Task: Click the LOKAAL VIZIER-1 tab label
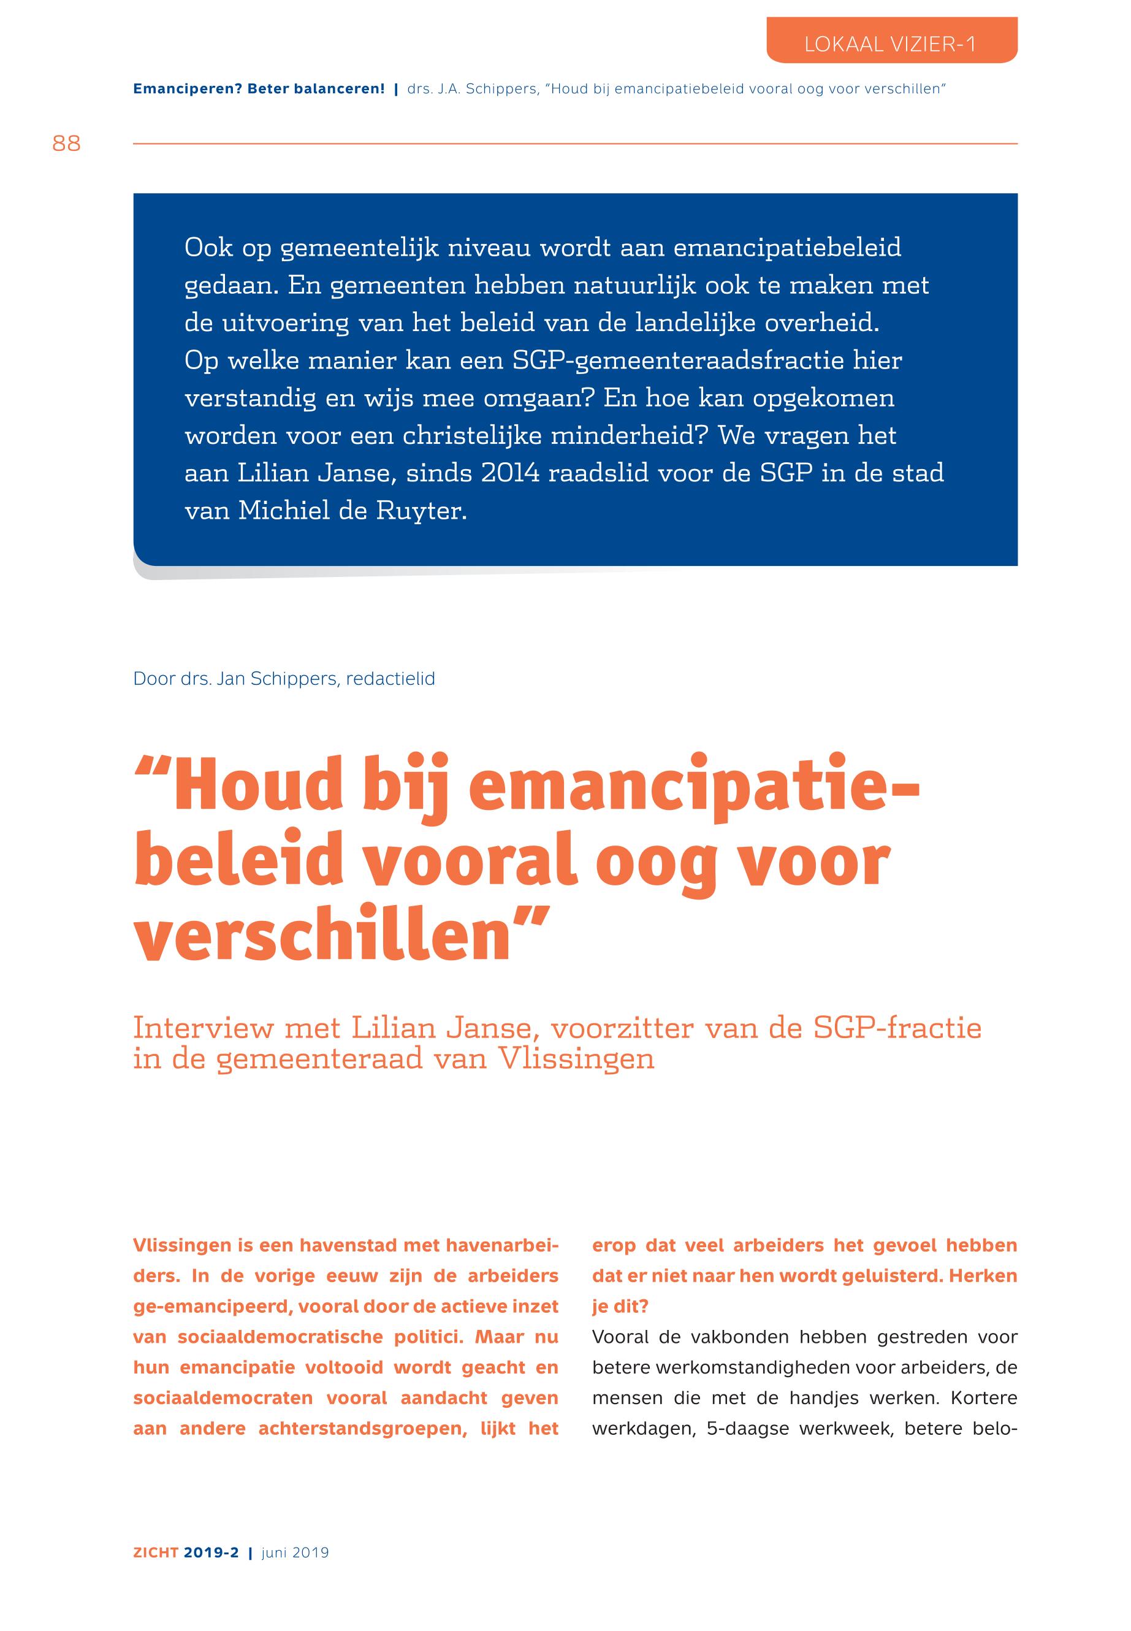pos(890,45)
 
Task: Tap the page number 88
pos(67,144)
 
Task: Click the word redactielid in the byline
pos(390,678)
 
